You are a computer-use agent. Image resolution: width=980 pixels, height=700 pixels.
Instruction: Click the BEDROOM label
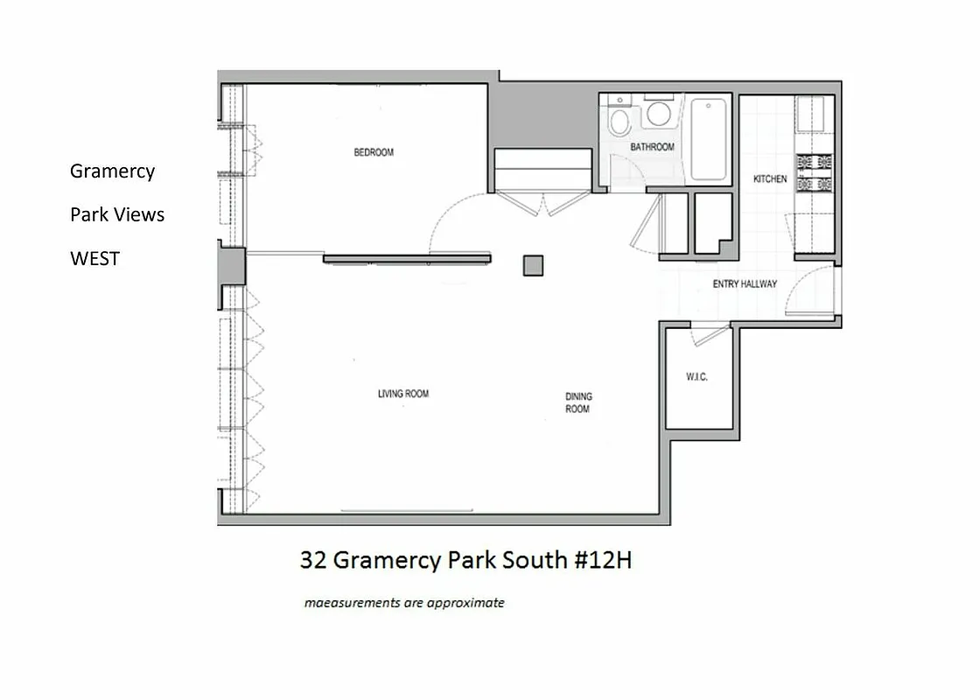[374, 152]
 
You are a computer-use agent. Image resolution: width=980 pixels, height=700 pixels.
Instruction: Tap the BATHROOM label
[653, 147]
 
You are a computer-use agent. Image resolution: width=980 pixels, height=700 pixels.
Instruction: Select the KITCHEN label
[770, 179]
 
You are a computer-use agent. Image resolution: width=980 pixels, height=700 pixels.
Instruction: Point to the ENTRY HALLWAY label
[745, 284]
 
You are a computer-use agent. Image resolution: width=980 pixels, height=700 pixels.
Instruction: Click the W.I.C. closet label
[696, 377]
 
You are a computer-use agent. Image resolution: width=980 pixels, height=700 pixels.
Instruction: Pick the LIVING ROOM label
[403, 394]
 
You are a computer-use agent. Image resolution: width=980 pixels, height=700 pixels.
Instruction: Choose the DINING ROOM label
[577, 402]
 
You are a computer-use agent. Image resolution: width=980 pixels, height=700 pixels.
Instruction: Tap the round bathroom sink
[659, 114]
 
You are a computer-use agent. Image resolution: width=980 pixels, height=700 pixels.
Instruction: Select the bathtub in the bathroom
[709, 140]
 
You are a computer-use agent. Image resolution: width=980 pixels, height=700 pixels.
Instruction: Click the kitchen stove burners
[814, 172]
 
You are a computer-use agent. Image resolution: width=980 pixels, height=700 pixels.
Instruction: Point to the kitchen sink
[809, 114]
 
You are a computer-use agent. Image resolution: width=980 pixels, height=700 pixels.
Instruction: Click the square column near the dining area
[534, 264]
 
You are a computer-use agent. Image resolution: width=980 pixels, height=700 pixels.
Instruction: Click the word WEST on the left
[94, 259]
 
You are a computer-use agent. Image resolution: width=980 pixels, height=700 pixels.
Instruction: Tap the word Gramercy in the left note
[112, 171]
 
